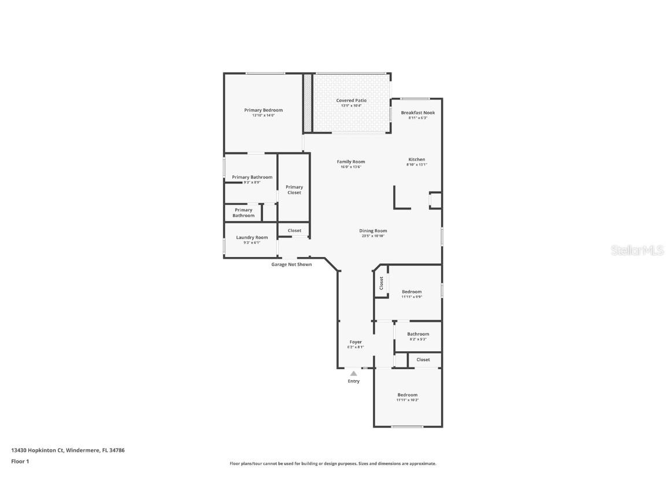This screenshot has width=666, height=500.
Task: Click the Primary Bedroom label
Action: click(x=263, y=110)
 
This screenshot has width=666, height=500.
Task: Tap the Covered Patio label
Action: click(x=351, y=101)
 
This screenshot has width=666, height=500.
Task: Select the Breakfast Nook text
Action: click(x=418, y=113)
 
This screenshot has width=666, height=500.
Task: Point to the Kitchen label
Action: click(x=417, y=160)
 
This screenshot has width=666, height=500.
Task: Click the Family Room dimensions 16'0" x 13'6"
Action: click(x=351, y=167)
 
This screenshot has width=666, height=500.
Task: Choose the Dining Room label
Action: click(x=373, y=231)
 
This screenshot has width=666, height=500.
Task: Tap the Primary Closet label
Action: click(x=294, y=190)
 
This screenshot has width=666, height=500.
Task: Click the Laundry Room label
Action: click(x=252, y=237)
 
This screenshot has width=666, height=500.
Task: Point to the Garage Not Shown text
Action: click(x=291, y=264)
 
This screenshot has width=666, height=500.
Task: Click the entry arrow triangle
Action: click(x=353, y=374)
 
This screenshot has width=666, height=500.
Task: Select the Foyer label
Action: click(x=356, y=342)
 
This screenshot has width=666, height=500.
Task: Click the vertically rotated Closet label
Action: click(x=381, y=283)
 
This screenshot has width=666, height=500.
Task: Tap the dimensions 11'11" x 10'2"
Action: click(x=408, y=400)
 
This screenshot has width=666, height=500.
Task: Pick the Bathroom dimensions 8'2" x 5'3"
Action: click(x=418, y=339)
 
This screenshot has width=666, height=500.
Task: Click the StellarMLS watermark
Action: click(x=637, y=251)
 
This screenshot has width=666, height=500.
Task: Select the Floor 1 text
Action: click(x=20, y=461)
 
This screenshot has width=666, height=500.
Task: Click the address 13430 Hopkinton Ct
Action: click(x=37, y=450)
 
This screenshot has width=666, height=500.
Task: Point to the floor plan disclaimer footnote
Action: click(x=333, y=464)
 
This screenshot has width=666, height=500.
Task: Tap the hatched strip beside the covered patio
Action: click(x=308, y=102)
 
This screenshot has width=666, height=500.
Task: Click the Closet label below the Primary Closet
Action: click(x=294, y=230)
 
